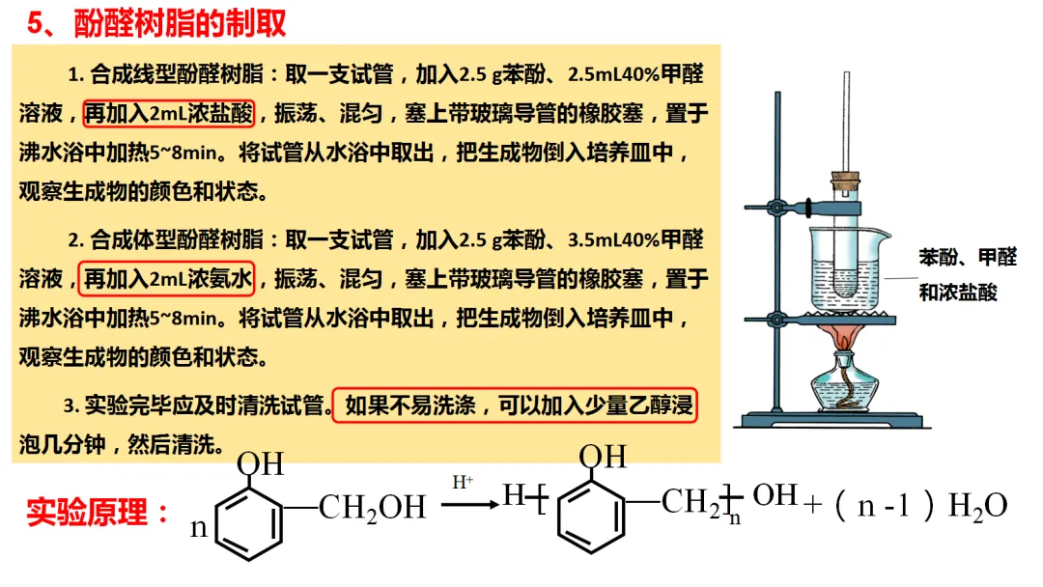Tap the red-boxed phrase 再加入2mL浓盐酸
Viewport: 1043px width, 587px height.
click(x=169, y=113)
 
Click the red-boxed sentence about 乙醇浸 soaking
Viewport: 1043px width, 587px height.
click(x=516, y=406)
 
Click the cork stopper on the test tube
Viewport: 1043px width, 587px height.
click(x=845, y=181)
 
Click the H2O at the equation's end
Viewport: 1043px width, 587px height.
click(x=978, y=506)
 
